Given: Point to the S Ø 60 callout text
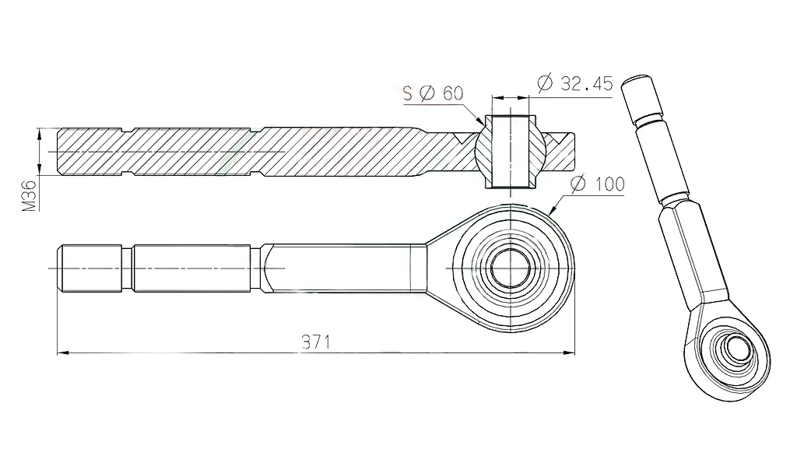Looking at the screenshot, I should (x=433, y=94).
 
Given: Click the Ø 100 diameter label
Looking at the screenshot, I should (x=597, y=184).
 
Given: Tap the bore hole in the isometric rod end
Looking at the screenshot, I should (x=732, y=349).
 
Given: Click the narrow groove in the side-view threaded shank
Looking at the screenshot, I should (x=128, y=268).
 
